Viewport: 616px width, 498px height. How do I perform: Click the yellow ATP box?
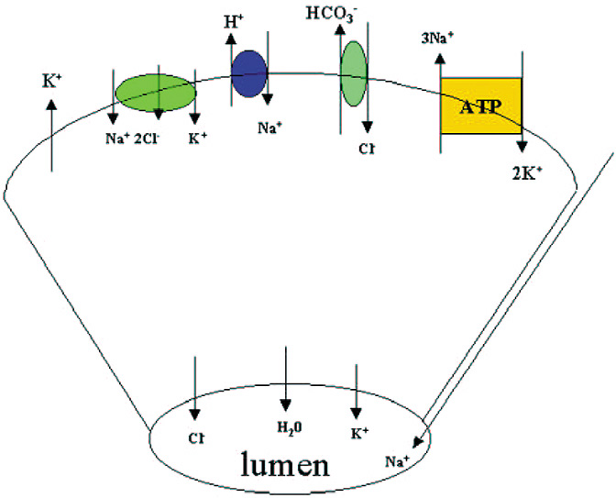pos(481,105)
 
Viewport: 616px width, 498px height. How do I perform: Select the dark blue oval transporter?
pos(248,74)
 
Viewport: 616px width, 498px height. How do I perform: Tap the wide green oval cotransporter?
pos(155,93)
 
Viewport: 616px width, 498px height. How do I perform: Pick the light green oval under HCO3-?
pos(354,72)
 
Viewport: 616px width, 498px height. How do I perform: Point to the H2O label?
pos(287,426)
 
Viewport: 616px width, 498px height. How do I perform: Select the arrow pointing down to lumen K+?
pos(356,390)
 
